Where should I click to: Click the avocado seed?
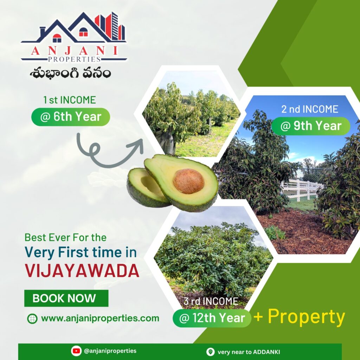(188, 181)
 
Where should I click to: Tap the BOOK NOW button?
(66, 298)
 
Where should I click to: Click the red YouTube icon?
(76, 351)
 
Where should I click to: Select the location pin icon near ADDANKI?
(210, 352)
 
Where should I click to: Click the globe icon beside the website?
(32, 319)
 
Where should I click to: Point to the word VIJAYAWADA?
(82, 271)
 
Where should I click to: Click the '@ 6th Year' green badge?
(70, 117)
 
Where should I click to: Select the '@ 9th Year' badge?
(311, 126)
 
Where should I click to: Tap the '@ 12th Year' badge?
(212, 318)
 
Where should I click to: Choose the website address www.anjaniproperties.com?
(100, 319)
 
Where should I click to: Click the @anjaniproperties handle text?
(110, 351)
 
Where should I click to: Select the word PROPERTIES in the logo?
(74, 59)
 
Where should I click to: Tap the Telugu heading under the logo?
(70, 73)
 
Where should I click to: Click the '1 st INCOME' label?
(70, 100)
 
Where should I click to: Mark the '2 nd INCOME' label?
(310, 109)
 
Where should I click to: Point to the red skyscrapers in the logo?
(110, 26)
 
